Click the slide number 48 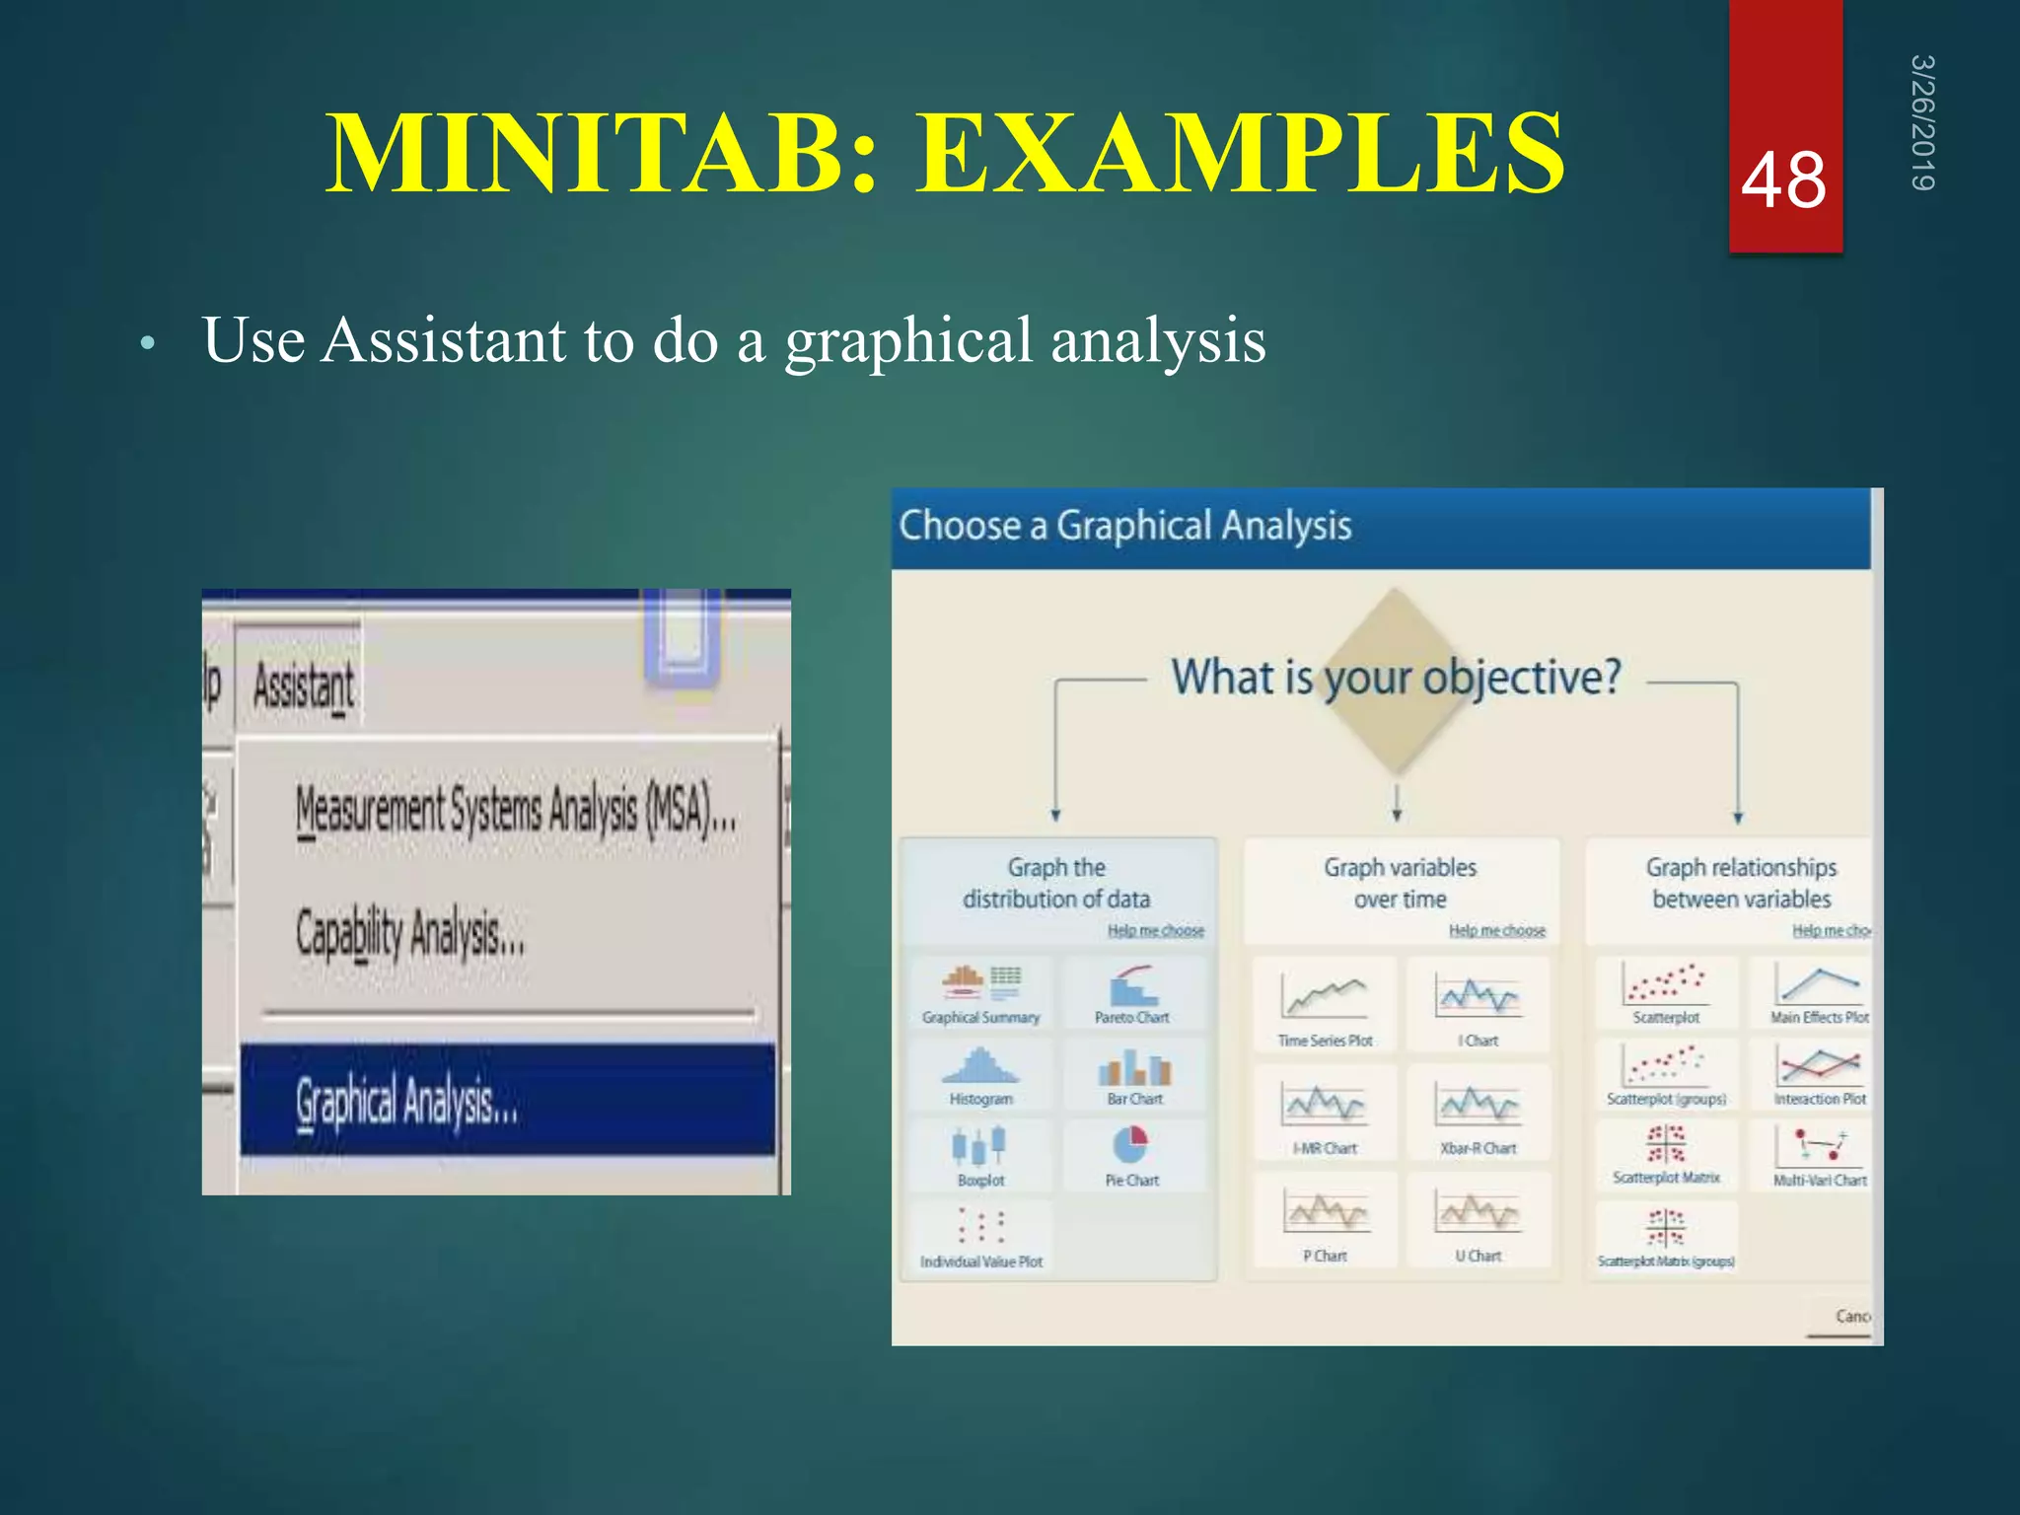1783,181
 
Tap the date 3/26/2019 1922,122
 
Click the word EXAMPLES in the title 1240,154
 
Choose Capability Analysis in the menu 410,932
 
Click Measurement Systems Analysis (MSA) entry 515,812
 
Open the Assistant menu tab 303,685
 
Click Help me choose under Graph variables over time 1496,930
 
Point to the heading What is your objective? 1396,678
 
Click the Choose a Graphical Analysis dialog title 1124,526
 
